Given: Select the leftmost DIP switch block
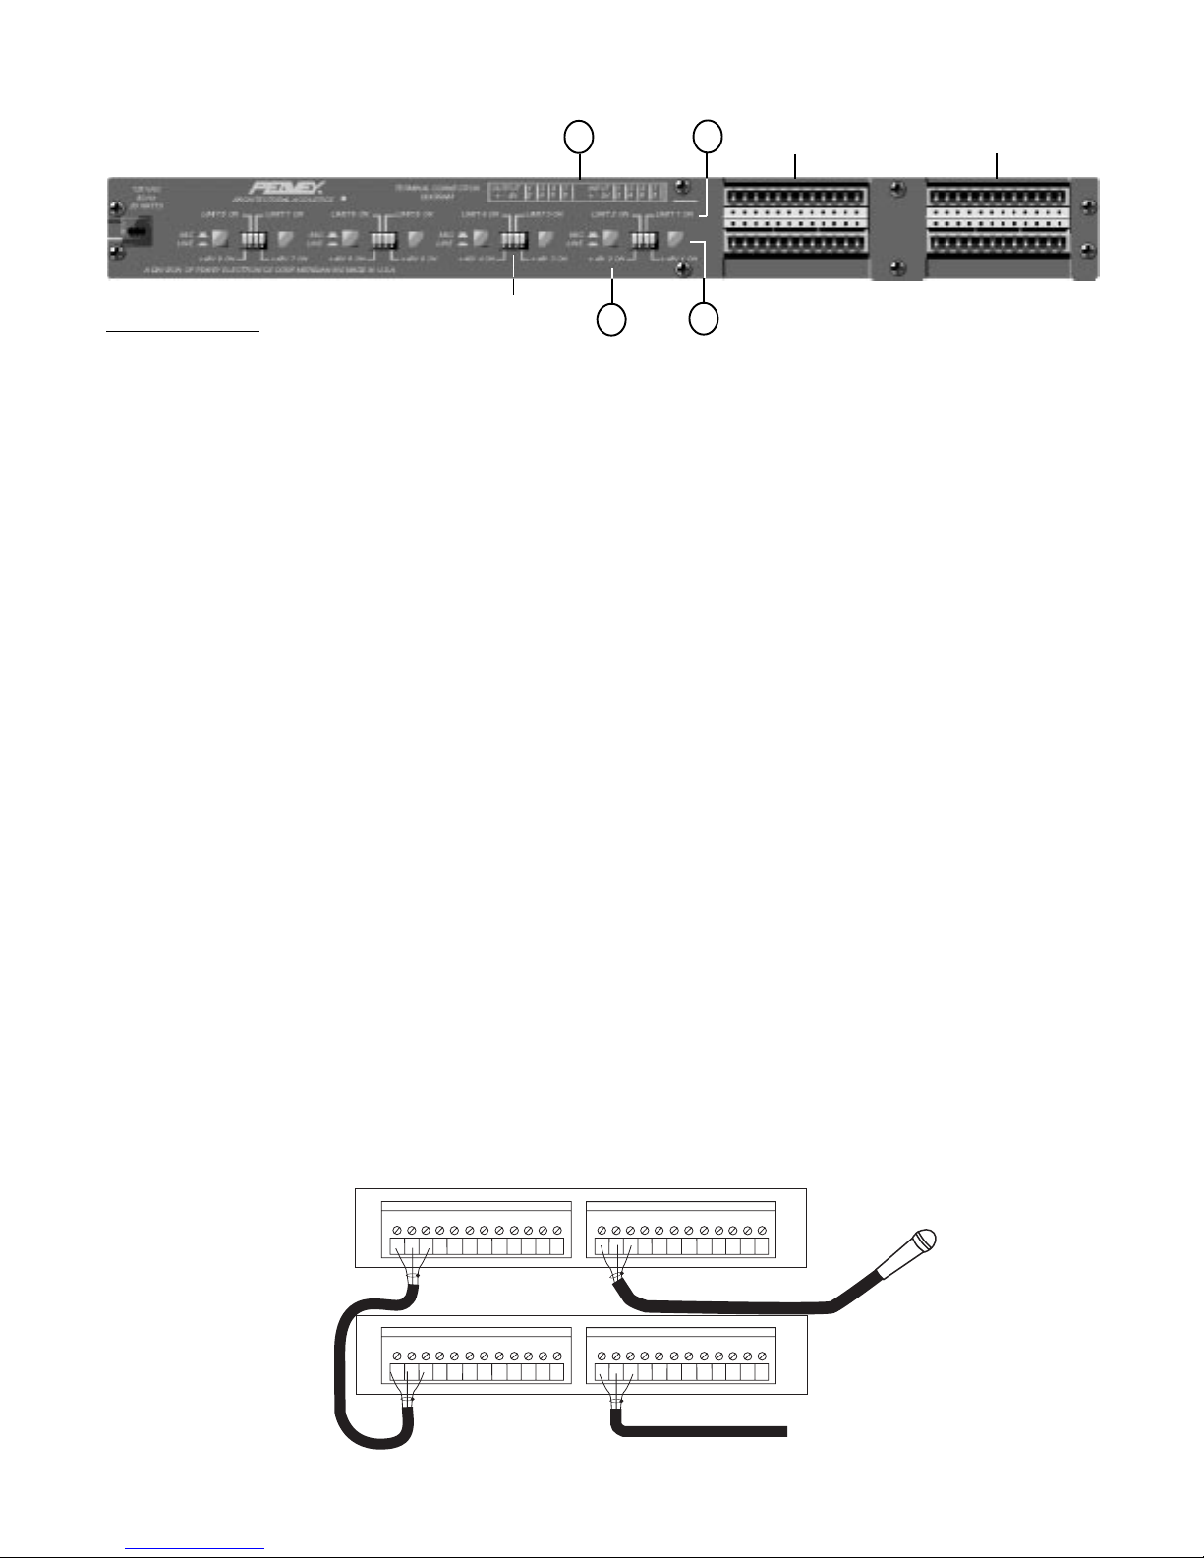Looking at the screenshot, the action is (254, 239).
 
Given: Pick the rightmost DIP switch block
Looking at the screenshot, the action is (644, 239).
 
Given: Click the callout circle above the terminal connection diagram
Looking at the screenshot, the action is (579, 138).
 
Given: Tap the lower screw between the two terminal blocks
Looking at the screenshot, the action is (896, 267).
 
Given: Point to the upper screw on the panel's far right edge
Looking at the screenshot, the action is (1086, 206).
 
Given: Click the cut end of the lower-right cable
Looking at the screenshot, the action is (784, 1430).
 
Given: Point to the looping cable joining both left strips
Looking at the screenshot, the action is (344, 1376).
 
